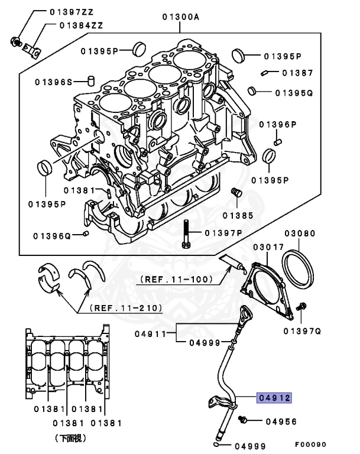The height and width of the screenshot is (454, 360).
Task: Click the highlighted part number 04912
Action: click(274, 398)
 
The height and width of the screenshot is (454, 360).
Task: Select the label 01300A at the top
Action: click(180, 17)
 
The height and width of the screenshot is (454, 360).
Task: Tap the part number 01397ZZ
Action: click(72, 11)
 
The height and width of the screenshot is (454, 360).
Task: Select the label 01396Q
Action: click(53, 236)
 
